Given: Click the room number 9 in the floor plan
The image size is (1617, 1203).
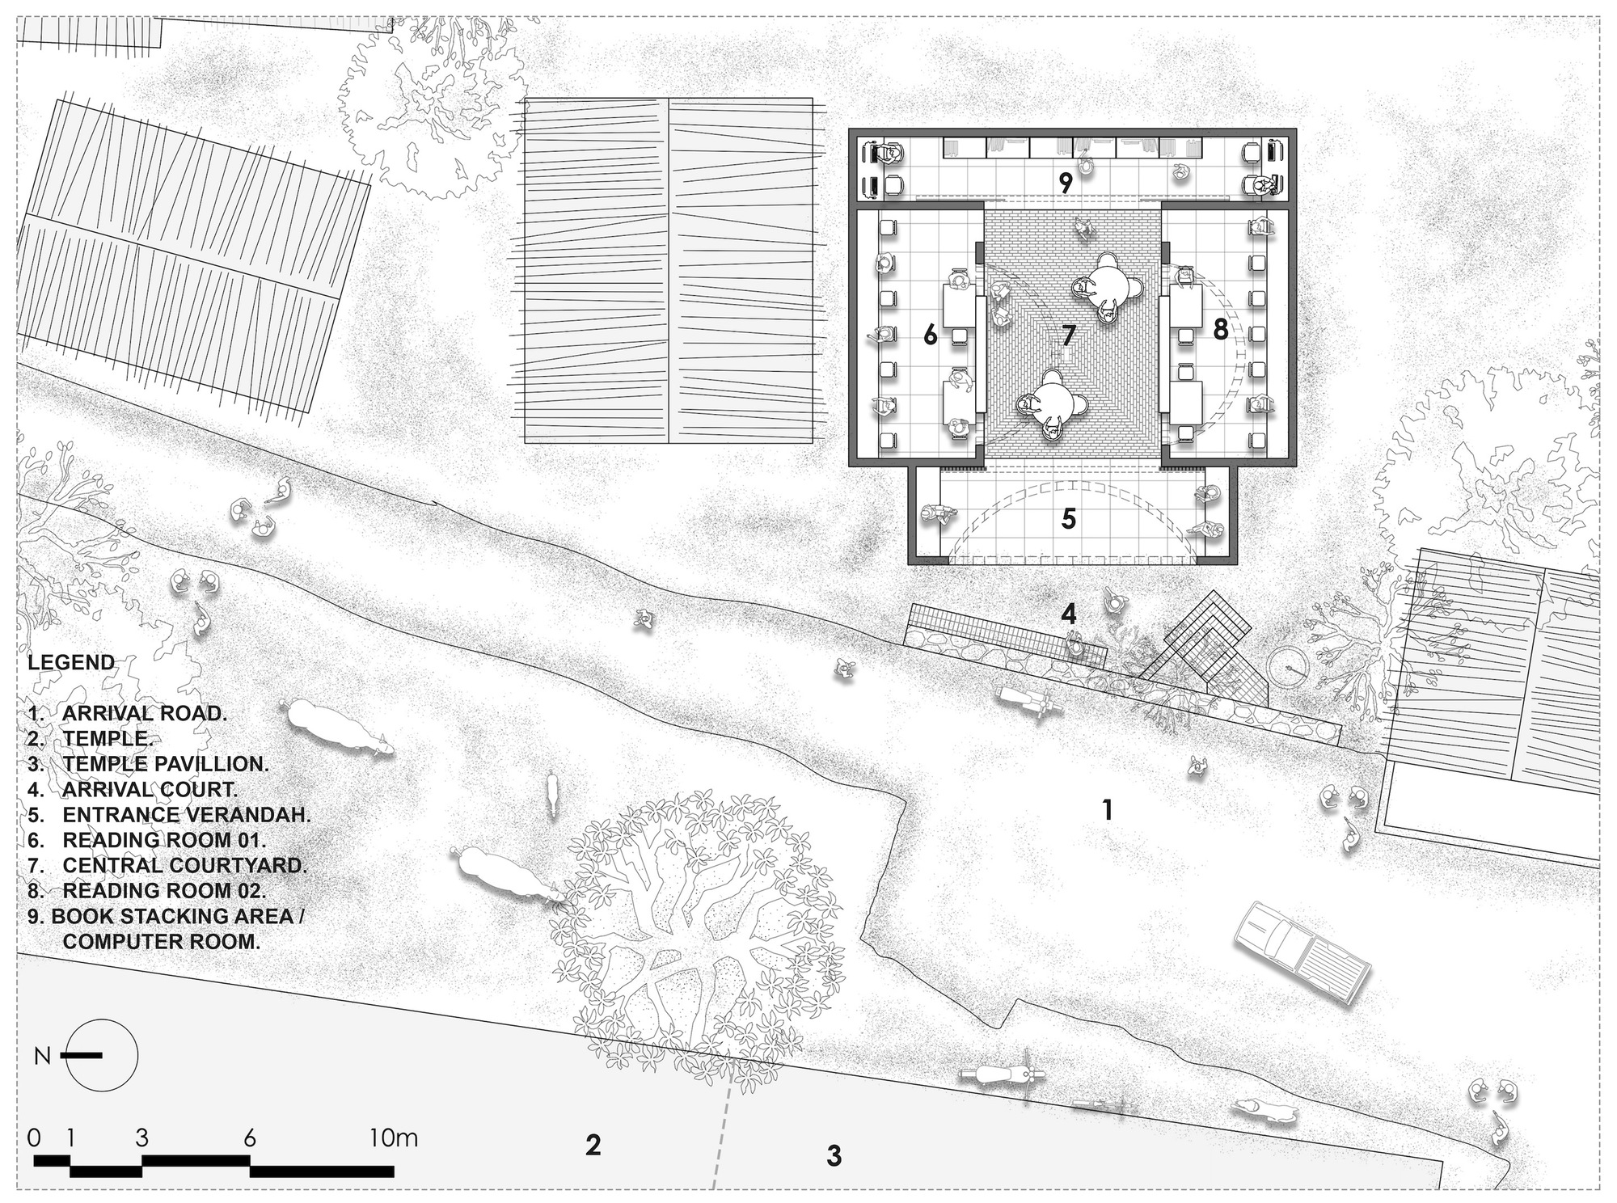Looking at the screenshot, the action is (1066, 184).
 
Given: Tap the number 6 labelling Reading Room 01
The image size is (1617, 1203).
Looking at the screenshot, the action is (931, 334).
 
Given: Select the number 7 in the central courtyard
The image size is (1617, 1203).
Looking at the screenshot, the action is (1069, 334).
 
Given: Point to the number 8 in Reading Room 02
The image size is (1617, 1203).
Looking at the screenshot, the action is (1220, 329).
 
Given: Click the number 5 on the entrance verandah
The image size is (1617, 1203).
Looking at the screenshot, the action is (1069, 518).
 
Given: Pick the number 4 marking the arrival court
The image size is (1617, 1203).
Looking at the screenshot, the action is (1069, 614).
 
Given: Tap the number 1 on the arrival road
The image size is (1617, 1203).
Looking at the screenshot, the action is (1108, 809).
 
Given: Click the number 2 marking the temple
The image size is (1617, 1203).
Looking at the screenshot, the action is (593, 1145).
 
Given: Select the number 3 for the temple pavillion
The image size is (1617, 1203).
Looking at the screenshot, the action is (834, 1155).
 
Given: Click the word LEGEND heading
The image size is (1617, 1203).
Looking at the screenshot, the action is (71, 663).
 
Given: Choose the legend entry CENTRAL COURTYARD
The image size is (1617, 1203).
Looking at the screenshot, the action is (185, 865).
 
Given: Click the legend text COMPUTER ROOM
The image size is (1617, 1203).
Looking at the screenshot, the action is (162, 941).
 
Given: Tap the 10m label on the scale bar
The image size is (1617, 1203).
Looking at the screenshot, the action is (394, 1138).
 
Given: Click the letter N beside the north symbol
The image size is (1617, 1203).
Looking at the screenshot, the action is (43, 1056).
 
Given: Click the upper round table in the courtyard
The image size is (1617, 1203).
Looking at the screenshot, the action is (1105, 286).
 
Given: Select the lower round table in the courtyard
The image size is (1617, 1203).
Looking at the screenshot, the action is (1050, 405).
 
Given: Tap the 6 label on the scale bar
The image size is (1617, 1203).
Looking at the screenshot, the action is (249, 1138).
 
